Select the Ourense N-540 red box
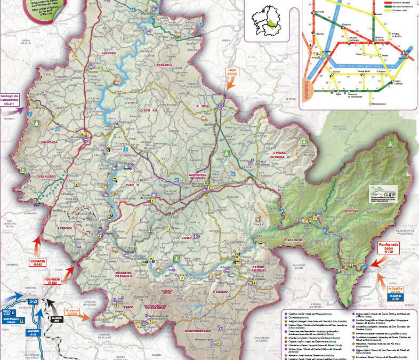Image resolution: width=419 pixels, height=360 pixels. point(38,262)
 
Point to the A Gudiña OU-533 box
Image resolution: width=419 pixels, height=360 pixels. point(394,291)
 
